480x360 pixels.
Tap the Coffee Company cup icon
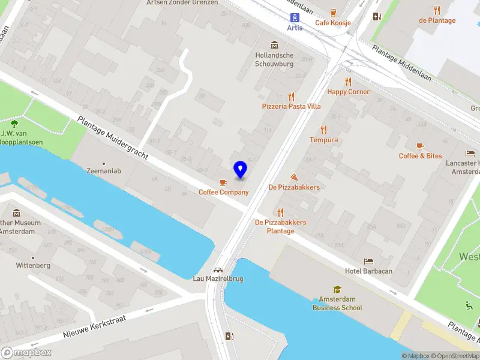click(224, 182)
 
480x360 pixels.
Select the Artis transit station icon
click(295, 17)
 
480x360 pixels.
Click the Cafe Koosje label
click(333, 23)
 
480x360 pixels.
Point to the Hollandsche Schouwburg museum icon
click(274, 46)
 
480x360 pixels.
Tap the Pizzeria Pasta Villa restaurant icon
click(292, 96)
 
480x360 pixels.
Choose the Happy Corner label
click(348, 92)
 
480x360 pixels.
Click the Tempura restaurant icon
click(324, 130)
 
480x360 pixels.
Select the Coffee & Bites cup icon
click(420, 146)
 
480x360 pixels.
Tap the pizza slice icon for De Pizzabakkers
click(294, 178)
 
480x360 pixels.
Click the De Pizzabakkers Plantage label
click(280, 226)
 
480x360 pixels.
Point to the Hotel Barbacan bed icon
click(369, 262)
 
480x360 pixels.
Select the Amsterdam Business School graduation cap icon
click(337, 289)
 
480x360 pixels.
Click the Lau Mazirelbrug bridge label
click(218, 278)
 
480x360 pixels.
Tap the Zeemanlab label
click(104, 171)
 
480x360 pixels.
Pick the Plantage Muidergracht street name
click(113, 137)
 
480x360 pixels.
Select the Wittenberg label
click(33, 265)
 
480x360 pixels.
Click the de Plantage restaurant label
click(437, 20)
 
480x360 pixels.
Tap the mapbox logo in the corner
click(26, 352)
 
